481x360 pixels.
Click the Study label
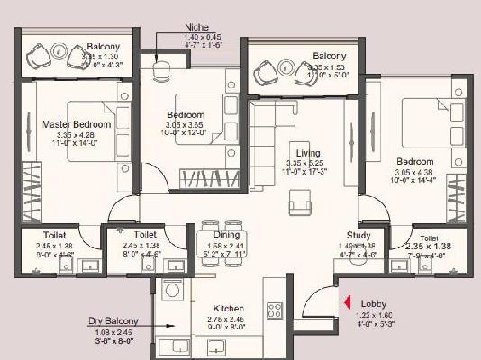(x=371, y=235)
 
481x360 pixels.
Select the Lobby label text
(x=375, y=304)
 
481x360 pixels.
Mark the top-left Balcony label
(x=110, y=46)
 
